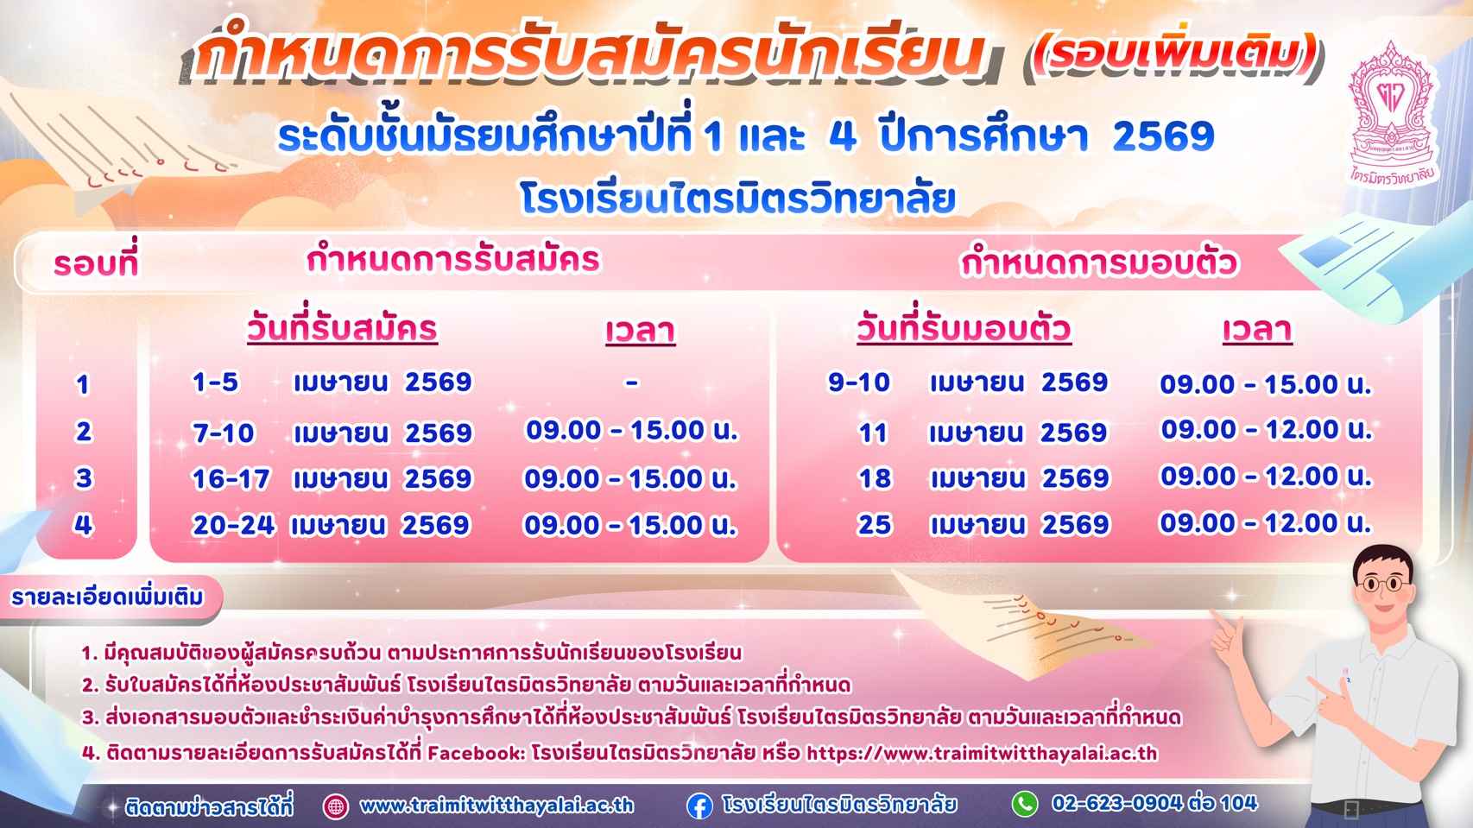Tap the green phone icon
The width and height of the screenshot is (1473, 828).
pyautogui.click(x=1025, y=804)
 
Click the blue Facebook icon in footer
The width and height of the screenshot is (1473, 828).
pyautogui.click(x=699, y=806)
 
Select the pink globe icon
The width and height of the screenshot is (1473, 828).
pyautogui.click(x=335, y=806)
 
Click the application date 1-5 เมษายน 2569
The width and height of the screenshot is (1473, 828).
pyautogui.click(x=332, y=382)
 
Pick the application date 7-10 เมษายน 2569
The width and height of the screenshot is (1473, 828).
pyautogui.click(x=332, y=433)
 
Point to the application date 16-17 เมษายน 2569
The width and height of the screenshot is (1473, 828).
pyautogui.click(x=332, y=479)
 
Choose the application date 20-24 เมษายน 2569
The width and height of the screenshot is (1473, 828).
pyautogui.click(x=331, y=525)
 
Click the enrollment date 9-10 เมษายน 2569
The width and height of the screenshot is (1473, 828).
pyautogui.click(x=968, y=382)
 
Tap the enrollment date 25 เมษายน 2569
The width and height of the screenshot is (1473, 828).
pyautogui.click(x=983, y=525)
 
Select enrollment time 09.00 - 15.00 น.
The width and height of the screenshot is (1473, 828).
pyautogui.click(x=1266, y=384)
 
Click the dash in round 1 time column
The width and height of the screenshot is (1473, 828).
pyautogui.click(x=632, y=382)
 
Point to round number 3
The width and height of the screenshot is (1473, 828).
pyautogui.click(x=84, y=478)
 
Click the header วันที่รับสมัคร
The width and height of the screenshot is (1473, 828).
pyautogui.click(x=342, y=329)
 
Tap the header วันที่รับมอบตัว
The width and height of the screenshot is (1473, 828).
pyautogui.click(x=964, y=329)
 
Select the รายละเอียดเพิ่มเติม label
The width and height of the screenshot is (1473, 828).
pyautogui.click(x=108, y=597)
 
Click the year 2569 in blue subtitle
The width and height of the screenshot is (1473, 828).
pyautogui.click(x=1163, y=136)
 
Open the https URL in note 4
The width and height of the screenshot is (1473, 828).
pyautogui.click(x=982, y=753)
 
